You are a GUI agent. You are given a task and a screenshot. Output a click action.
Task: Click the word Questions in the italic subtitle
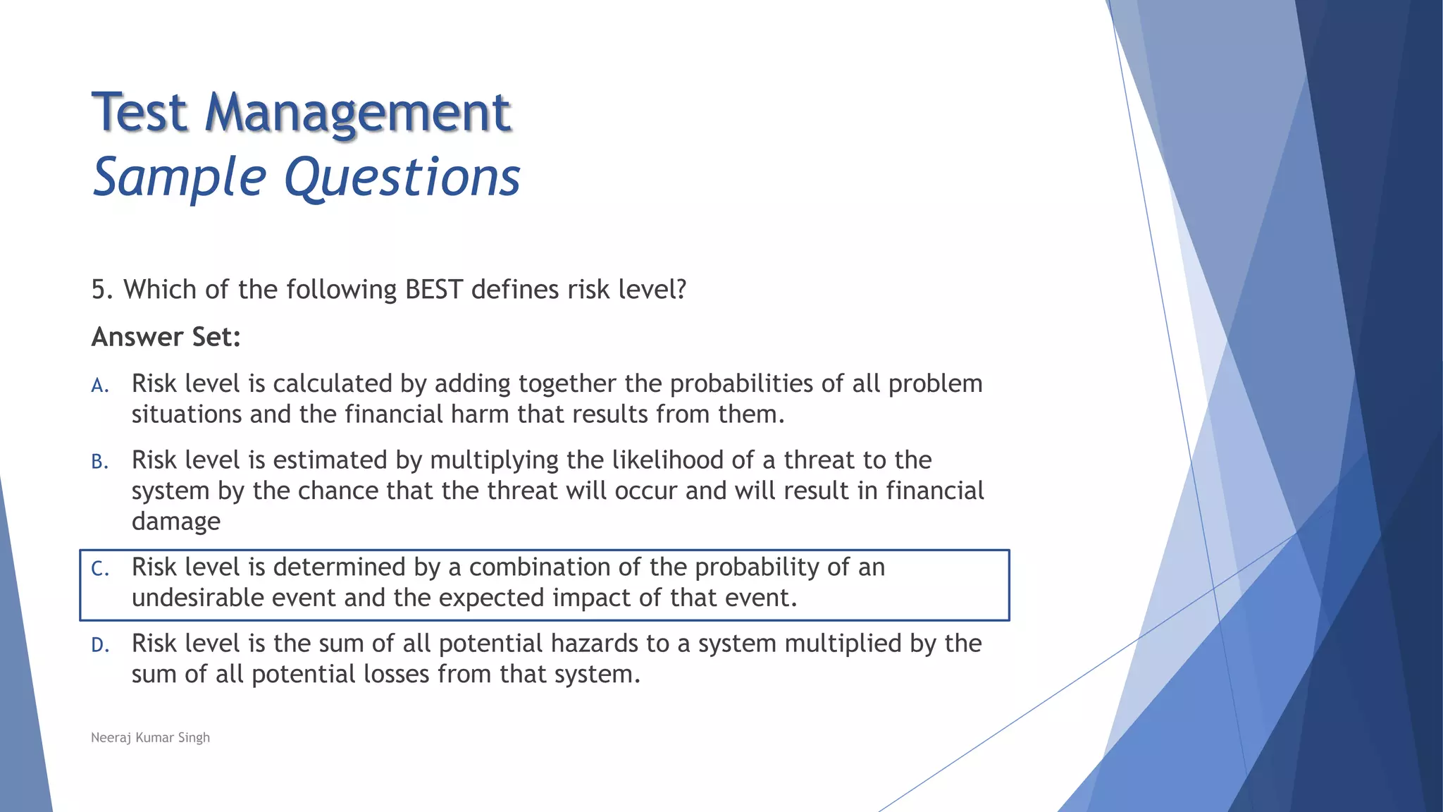pos(402,178)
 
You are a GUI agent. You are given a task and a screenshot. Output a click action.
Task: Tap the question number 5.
pos(102,290)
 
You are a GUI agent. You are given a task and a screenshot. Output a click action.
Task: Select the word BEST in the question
pos(434,290)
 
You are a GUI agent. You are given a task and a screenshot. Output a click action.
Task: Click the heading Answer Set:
pos(166,337)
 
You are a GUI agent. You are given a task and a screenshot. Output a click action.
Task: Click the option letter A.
pos(99,386)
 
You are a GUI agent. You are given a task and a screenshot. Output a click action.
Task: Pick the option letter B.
pos(99,462)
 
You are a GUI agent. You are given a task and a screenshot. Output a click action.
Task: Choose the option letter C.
pos(99,569)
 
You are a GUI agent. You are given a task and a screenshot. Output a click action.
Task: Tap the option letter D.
pos(99,645)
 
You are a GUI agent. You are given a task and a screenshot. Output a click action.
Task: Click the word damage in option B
pos(176,522)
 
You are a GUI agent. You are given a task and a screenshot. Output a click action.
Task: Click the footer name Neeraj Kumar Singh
pos(150,737)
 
